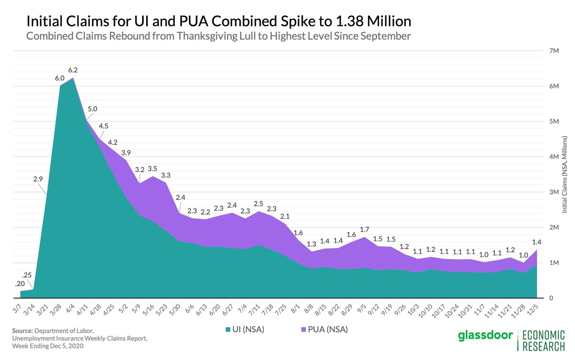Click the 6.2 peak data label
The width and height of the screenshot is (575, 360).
point(73,70)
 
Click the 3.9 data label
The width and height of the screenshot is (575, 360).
point(126,152)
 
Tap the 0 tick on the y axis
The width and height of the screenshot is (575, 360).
point(552,298)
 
